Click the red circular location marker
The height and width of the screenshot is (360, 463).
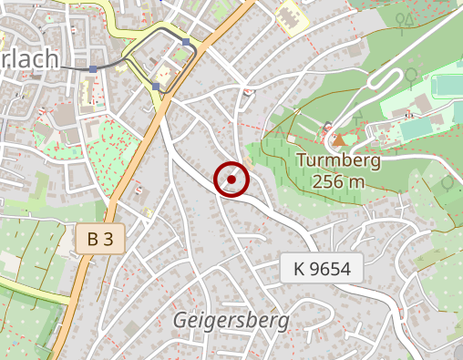[231, 180]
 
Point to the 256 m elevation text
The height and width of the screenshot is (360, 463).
[338, 181]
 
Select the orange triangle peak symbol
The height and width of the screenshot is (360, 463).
[339, 140]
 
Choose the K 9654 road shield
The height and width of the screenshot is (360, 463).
[322, 269]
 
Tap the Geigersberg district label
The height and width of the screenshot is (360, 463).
[231, 321]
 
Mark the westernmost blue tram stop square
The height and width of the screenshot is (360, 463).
[93, 68]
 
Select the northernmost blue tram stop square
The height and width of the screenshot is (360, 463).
[186, 42]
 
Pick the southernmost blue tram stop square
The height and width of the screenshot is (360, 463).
[156, 87]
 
